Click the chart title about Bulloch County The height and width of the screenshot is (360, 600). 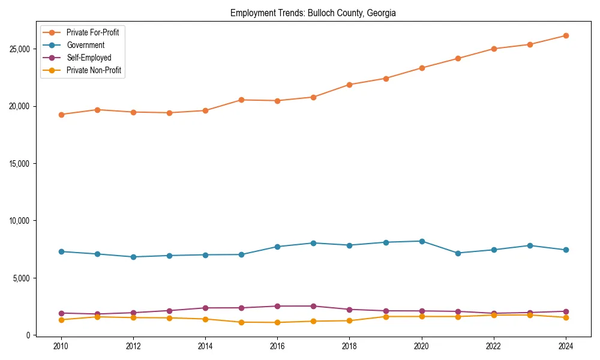click(x=313, y=13)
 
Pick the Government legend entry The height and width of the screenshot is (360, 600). click(x=85, y=45)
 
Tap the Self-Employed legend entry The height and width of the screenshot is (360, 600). click(x=89, y=58)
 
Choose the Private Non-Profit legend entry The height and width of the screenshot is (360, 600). click(x=94, y=70)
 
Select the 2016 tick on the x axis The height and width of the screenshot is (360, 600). click(x=277, y=346)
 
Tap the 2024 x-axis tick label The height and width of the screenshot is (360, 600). click(x=566, y=346)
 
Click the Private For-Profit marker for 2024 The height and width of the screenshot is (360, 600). click(x=566, y=35)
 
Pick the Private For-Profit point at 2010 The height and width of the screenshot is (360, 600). click(x=61, y=115)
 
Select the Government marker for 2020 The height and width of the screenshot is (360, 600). click(x=422, y=241)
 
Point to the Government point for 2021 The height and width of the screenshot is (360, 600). click(x=458, y=253)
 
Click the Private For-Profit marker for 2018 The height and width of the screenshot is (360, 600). click(x=349, y=85)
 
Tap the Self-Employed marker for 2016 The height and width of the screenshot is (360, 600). click(x=277, y=306)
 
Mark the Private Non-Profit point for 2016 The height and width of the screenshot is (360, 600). click(x=277, y=322)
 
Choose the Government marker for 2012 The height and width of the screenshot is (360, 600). click(x=133, y=257)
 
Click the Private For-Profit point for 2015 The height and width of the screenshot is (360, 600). click(x=241, y=100)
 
